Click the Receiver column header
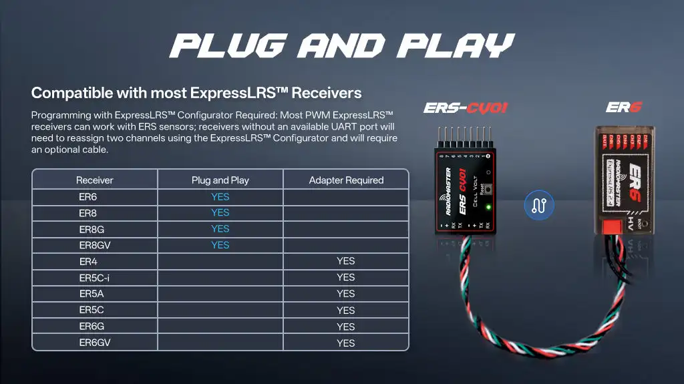[94, 180]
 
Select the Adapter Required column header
[346, 180]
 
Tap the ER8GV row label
[94, 245]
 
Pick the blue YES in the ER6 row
[220, 197]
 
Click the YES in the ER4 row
[346, 261]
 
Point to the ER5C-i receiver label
[94, 277]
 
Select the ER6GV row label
[94, 343]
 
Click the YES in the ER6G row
[346, 327]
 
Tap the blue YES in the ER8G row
[220, 229]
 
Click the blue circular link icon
[539, 205]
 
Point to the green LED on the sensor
[488, 207]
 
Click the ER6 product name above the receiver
[623, 108]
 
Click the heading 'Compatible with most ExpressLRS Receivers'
[196, 92]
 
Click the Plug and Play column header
[220, 180]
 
